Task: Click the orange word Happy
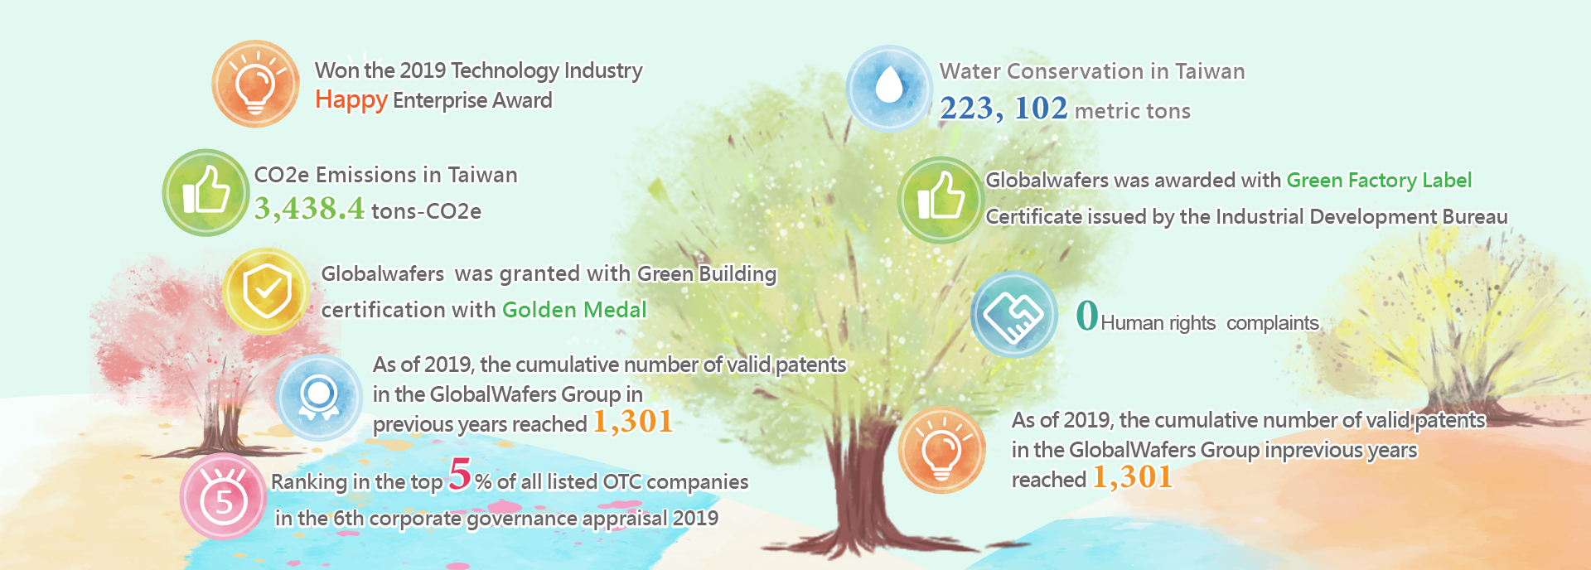point(351,100)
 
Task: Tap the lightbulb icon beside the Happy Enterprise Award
point(255,84)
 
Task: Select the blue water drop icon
point(889,88)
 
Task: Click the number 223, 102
point(1003,109)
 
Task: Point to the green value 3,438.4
point(309,208)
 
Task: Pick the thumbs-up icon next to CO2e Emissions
point(206,192)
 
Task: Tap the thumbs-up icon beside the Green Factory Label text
point(941,200)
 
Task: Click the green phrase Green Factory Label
point(1379,181)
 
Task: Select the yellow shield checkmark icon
point(266,291)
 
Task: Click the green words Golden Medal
point(574,310)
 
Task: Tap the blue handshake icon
point(1014,315)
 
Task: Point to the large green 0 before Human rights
point(1087,315)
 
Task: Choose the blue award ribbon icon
point(319,397)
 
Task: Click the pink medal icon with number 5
point(223,496)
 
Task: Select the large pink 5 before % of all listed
point(460,475)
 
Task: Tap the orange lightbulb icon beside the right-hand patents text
point(941,450)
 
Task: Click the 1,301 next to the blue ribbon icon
point(633,422)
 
